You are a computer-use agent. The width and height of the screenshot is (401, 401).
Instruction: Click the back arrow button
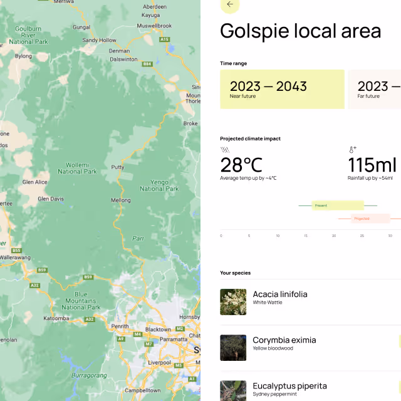click(x=230, y=4)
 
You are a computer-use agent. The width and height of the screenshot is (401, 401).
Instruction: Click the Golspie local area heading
click(x=300, y=31)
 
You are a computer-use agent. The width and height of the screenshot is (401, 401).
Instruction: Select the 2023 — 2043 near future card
click(x=282, y=89)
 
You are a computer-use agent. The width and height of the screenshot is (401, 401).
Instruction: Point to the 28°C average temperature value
click(x=241, y=165)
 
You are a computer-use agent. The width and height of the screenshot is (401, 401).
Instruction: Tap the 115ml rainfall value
click(x=372, y=165)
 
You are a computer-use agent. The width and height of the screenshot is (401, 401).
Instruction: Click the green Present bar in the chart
click(x=338, y=205)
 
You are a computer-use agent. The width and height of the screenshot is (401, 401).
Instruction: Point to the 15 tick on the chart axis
click(x=306, y=236)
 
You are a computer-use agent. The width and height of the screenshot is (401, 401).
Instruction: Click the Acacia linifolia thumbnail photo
click(x=233, y=302)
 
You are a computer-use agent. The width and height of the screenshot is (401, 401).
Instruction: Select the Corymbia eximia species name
click(x=284, y=340)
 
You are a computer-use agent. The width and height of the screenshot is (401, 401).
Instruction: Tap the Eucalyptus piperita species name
click(x=289, y=386)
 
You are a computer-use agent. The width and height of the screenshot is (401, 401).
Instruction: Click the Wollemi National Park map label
click(x=78, y=167)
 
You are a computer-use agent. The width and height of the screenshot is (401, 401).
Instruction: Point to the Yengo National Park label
click(x=159, y=185)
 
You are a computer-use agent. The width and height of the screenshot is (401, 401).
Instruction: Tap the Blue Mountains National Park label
click(x=81, y=301)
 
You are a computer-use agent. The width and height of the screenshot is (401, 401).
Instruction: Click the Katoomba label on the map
click(x=56, y=318)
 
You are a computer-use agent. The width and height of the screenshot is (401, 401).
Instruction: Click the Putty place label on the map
click(x=117, y=167)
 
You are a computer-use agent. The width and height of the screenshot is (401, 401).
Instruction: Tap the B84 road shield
click(x=147, y=64)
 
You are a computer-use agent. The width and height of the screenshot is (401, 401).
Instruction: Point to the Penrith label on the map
click(x=120, y=326)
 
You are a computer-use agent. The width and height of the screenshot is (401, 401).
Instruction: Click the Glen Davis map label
click(x=50, y=199)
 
